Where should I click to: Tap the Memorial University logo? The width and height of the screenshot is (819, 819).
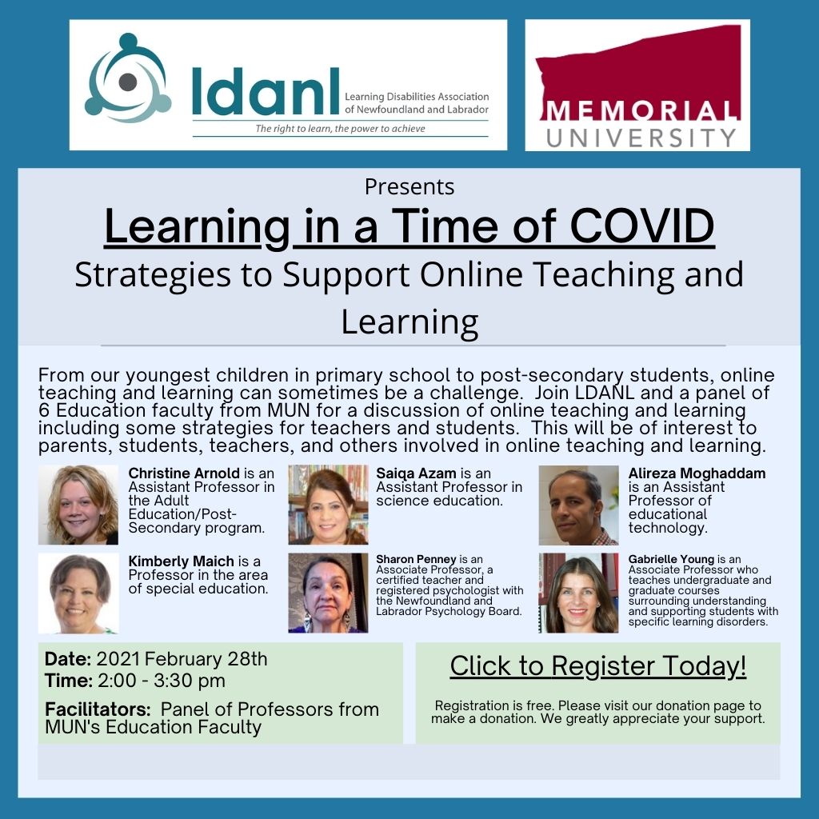[637, 85]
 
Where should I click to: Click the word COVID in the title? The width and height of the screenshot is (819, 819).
[642, 226]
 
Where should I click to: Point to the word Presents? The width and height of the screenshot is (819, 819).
[409, 186]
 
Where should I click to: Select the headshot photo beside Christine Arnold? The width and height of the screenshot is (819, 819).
[78, 505]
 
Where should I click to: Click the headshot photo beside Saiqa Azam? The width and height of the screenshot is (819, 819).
[328, 505]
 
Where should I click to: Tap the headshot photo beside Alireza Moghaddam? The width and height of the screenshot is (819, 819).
[579, 505]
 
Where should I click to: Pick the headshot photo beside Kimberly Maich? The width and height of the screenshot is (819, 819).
[78, 593]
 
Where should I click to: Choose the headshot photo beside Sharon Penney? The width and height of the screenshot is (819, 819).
[328, 593]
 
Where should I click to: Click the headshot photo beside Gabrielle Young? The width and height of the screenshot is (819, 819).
[579, 593]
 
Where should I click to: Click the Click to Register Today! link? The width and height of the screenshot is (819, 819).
[598, 666]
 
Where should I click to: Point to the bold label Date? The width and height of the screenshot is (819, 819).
[68, 659]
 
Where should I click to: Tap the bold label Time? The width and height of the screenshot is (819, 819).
[69, 681]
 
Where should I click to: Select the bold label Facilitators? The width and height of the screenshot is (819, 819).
[98, 709]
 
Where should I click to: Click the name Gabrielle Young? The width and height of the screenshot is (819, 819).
[671, 559]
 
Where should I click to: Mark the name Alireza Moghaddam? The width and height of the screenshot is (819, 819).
[697, 473]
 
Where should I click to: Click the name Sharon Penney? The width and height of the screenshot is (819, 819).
[416, 559]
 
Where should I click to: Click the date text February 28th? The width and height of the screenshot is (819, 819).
[206, 659]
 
